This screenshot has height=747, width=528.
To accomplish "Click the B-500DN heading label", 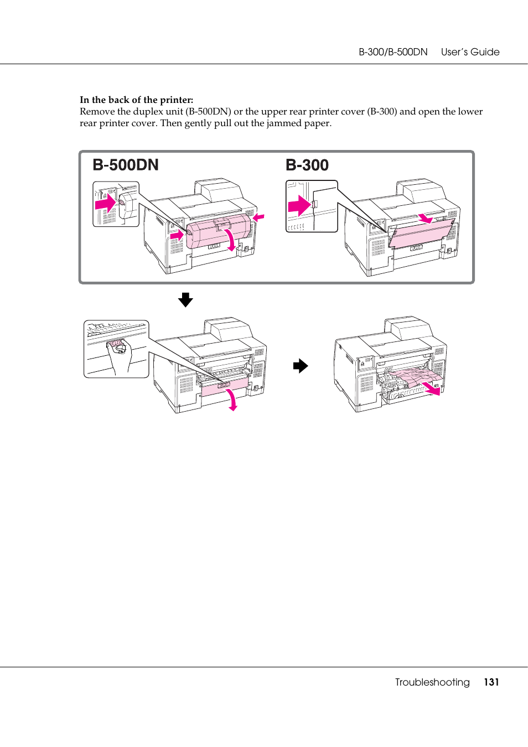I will [x=126, y=165].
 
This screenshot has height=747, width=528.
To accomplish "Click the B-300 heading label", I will [x=307, y=165].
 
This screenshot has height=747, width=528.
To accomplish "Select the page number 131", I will [x=491, y=682].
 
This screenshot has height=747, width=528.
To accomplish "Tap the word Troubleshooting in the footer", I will [x=432, y=682].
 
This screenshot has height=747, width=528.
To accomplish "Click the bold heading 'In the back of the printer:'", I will [x=136, y=100].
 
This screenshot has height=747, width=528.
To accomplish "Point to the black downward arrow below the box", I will [x=185, y=300].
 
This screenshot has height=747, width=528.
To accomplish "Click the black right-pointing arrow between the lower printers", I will [x=301, y=366].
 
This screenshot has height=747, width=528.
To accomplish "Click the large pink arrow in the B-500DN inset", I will [x=105, y=204].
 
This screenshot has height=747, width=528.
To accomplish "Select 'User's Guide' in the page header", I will [x=470, y=52].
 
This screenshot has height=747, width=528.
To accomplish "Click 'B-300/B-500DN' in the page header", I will [x=393, y=52].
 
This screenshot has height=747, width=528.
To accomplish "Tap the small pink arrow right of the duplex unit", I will [x=258, y=217].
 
